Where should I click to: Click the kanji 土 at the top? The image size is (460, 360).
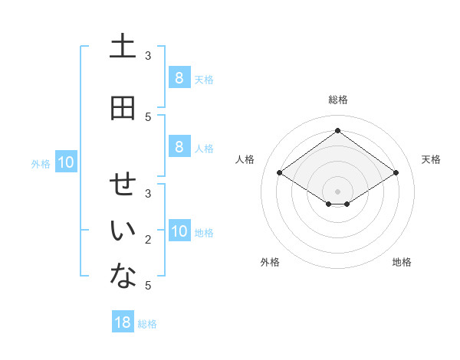coord(123,47)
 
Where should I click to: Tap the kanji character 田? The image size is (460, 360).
coord(123,108)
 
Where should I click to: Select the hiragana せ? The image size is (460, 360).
coord(123,185)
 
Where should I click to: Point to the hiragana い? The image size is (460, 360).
coord(123,232)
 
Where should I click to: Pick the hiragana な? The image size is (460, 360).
coord(123,277)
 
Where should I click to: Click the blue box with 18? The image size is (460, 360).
coord(123,322)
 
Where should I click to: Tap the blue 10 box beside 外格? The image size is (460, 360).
coord(66,162)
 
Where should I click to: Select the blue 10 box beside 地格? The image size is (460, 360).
coord(179,232)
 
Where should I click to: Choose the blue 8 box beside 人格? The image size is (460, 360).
coord(179,147)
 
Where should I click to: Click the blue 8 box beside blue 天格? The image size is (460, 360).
coord(179,78)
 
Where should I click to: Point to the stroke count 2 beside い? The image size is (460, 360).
coord(148,240)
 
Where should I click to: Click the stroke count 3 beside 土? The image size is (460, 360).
coord(148,56)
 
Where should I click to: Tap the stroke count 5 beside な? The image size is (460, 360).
coord(148,286)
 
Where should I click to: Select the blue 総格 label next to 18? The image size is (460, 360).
coord(147,324)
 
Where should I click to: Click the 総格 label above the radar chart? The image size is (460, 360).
coord(337,100)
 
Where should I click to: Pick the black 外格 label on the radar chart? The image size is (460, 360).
coord(270,262)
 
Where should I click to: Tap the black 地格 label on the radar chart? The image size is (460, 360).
coord(402,262)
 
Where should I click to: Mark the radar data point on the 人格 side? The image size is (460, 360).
coord(280,173)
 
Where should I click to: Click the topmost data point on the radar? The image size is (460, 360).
coord(337,131)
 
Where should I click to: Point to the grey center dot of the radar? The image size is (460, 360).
coord(337,191)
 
